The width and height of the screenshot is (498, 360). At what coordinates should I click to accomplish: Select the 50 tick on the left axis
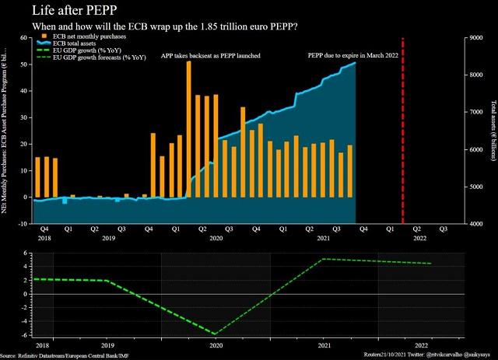[26, 64]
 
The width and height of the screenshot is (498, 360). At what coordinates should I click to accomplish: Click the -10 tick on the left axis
[24, 224]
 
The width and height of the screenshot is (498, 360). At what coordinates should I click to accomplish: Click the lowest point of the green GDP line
[215, 334]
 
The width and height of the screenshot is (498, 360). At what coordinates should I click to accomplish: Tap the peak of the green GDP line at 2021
[323, 259]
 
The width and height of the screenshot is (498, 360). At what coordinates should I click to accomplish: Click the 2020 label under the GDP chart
[215, 344]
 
